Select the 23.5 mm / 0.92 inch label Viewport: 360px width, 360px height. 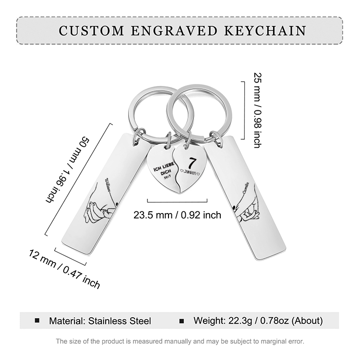tap(178, 215)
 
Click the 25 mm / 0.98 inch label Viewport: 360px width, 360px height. tap(257, 109)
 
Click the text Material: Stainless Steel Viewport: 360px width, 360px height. tap(100, 321)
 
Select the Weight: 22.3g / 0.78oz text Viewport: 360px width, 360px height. tap(258, 321)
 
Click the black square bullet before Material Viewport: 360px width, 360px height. tap(37, 320)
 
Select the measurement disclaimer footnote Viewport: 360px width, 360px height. tap(180, 341)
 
